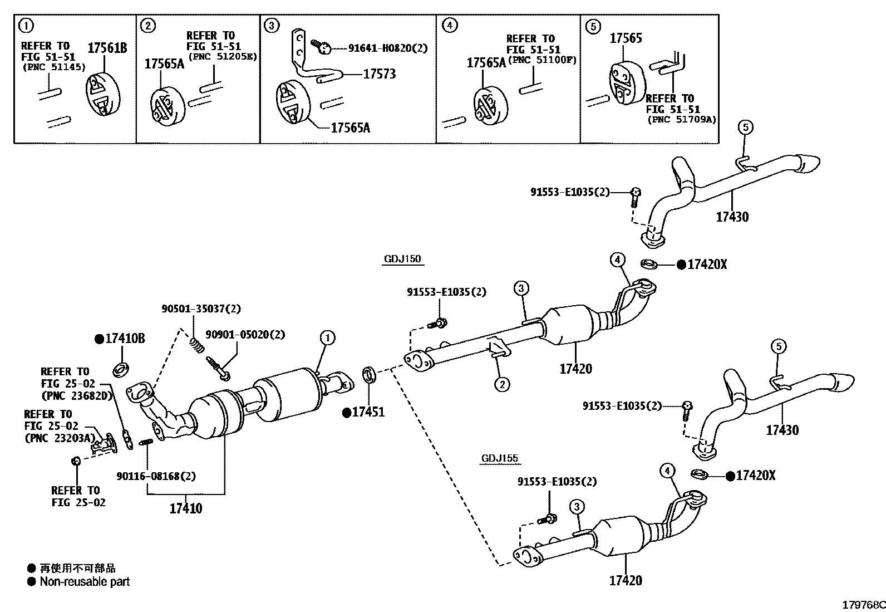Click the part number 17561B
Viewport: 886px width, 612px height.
pos(107,48)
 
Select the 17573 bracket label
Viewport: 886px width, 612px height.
pos(379,74)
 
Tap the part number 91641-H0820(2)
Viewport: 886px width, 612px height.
pos(388,48)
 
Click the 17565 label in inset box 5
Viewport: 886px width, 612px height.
pos(626,38)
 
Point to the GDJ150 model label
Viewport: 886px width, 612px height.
pos(402,259)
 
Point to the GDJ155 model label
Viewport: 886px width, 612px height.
pos(499,459)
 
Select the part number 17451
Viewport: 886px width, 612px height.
pos(368,412)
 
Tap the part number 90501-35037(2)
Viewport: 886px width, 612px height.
pos(201,309)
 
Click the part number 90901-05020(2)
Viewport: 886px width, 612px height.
pos(245,335)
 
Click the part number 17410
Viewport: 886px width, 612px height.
pos(186,508)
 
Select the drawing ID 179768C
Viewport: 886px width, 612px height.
pos(862,605)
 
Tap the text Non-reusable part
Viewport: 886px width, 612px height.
pos(85,582)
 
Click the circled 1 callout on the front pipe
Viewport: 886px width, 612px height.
pos(327,337)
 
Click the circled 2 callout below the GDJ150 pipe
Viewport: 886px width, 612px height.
pos(501,384)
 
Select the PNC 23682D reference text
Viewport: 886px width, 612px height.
pos(77,396)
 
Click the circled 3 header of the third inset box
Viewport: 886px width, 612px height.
pos(271,26)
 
